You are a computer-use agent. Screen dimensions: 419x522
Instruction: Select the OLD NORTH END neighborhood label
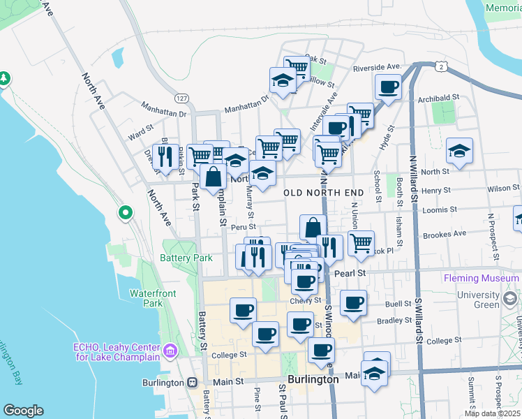point(324,192)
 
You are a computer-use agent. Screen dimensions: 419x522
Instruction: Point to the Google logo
point(23,411)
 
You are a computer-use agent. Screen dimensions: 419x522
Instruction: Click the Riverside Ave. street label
point(378,67)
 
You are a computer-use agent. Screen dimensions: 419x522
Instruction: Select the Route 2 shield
point(441,66)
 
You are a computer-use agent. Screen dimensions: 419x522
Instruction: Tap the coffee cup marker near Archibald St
point(388,88)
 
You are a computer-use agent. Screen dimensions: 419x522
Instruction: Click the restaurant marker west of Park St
point(165,156)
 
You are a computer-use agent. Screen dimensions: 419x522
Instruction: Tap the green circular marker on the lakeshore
point(126,212)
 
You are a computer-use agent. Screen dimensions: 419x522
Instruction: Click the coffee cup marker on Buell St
point(354,304)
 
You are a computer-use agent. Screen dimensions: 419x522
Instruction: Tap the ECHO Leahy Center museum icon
point(169,349)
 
